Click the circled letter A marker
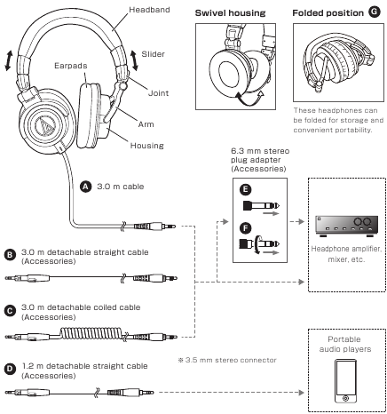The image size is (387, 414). point(85,187)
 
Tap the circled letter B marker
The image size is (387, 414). point(10,254)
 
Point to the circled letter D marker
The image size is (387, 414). point(10,366)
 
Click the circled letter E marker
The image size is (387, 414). point(245,190)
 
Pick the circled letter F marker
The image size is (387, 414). point(245,227)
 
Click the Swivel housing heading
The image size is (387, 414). point(227,14)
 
